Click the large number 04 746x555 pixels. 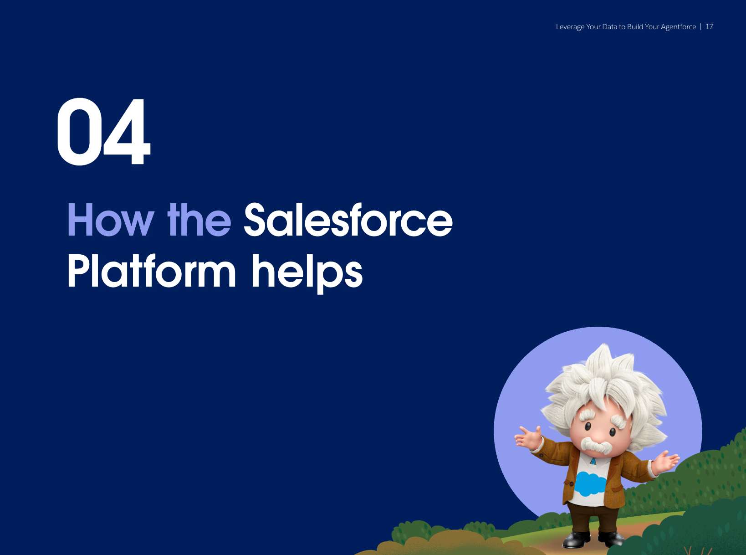tap(103, 132)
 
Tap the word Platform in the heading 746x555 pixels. tap(152, 271)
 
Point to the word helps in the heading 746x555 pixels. tap(307, 274)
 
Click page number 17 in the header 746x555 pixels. tap(709, 26)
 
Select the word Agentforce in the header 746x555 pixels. tap(678, 27)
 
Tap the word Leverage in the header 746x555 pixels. tap(570, 27)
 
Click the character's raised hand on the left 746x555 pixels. tap(529, 437)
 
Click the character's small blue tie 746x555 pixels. tap(593, 461)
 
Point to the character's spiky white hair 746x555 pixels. tap(605, 387)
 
